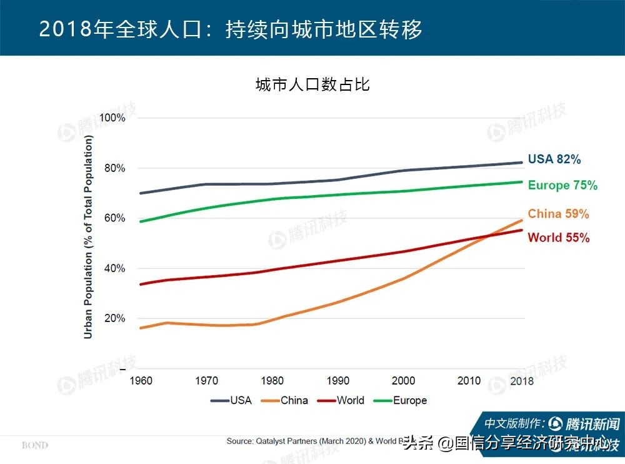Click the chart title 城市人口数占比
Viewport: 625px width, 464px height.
click(312, 85)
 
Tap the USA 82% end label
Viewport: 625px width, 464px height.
click(554, 159)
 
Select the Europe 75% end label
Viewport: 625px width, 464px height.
click(562, 186)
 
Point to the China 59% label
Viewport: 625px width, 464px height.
click(558, 214)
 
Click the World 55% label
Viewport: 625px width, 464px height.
click(558, 238)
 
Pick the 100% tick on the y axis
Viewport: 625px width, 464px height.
click(112, 118)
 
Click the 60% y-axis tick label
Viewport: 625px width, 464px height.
click(114, 218)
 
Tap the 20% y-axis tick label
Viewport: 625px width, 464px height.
click(114, 318)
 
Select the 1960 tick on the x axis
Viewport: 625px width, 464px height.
click(141, 381)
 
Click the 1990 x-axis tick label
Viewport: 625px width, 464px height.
click(337, 381)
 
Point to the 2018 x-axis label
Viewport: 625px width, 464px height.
click(521, 381)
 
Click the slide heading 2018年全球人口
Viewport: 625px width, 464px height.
click(231, 29)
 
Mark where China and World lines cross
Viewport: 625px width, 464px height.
click(485, 236)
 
